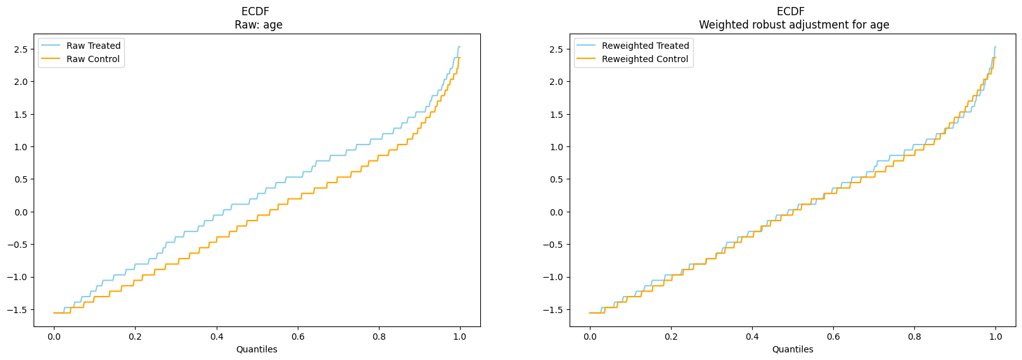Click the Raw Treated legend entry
click(x=80, y=46)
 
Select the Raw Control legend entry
click(x=80, y=59)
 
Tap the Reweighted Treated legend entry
click(x=633, y=46)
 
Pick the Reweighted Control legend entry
click(x=632, y=59)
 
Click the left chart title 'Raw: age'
click(x=259, y=25)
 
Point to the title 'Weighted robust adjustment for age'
click(x=794, y=25)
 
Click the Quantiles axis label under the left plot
click(x=257, y=349)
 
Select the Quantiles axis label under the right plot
click(x=793, y=349)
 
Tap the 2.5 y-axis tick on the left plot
click(x=22, y=49)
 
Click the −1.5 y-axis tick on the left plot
click(x=18, y=310)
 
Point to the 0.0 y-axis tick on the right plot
click(x=558, y=212)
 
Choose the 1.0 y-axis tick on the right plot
click(x=558, y=147)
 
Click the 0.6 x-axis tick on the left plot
click(x=297, y=337)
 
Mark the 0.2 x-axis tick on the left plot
click(x=135, y=337)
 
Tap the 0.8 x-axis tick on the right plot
click(x=914, y=337)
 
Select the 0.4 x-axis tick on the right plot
click(x=752, y=337)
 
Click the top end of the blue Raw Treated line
click(x=460, y=46)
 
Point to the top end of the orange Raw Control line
click(x=460, y=58)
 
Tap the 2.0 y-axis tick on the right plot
click(x=558, y=82)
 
